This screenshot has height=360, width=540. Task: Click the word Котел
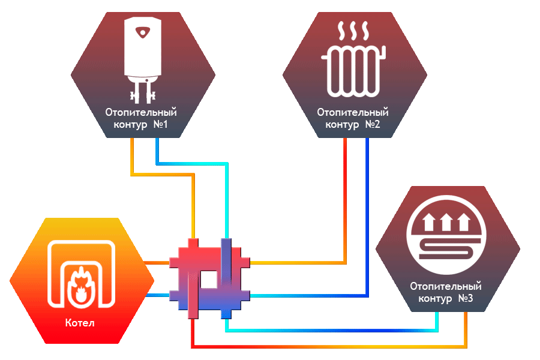(80, 323)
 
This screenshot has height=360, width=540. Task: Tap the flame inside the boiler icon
(81, 284)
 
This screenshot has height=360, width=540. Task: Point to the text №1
(164, 125)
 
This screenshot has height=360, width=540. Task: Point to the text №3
(465, 299)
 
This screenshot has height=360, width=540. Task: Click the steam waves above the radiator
(353, 31)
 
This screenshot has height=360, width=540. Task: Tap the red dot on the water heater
(143, 31)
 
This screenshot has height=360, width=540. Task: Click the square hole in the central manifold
(209, 280)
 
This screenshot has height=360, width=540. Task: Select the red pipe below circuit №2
(345, 198)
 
